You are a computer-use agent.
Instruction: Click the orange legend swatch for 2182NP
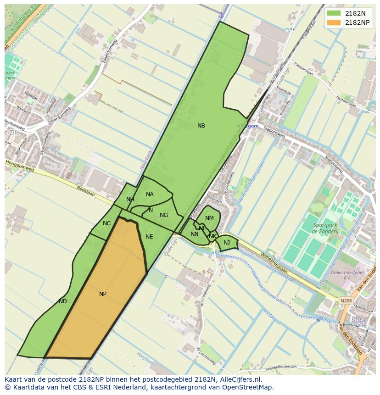pos(334,22)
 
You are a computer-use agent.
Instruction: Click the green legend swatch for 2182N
pos(334,13)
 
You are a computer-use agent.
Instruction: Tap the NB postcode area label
pos(201,126)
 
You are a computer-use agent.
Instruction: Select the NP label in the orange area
pos(103,294)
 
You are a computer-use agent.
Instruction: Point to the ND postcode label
pos(63,301)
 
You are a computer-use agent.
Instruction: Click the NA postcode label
pos(150,195)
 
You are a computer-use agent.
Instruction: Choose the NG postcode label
pos(164,215)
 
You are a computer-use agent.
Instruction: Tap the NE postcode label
pos(149,237)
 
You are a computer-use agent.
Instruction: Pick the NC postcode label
pos(106,223)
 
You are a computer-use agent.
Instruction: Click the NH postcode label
pos(130,200)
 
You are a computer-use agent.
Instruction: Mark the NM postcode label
pos(209,218)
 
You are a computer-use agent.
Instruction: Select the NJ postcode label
pos(227,243)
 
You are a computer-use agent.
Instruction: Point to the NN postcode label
pos(194,234)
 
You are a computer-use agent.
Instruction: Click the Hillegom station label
pos(248,126)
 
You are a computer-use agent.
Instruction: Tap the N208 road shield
pos(346,301)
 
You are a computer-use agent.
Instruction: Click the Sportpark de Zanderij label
pos(326,228)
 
